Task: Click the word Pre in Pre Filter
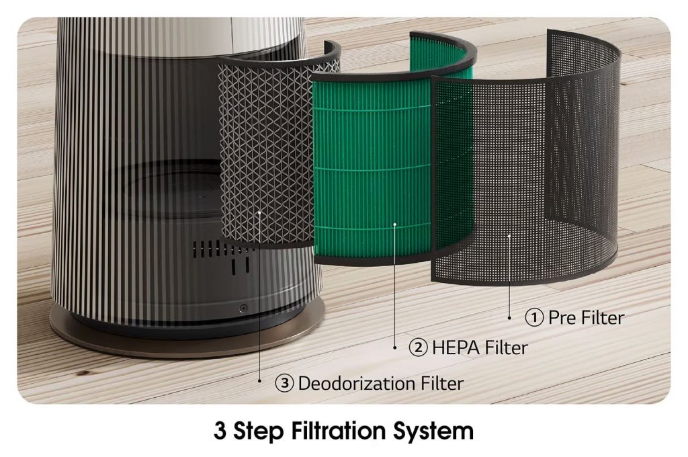pos(562,317)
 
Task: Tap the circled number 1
pos(534,317)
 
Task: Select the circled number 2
pos(418,348)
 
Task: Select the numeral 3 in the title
pos(220,431)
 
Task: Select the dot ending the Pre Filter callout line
pos(509,317)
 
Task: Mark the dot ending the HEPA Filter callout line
pos(394,348)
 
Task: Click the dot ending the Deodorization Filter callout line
pos(261,380)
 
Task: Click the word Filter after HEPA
pos(503,348)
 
